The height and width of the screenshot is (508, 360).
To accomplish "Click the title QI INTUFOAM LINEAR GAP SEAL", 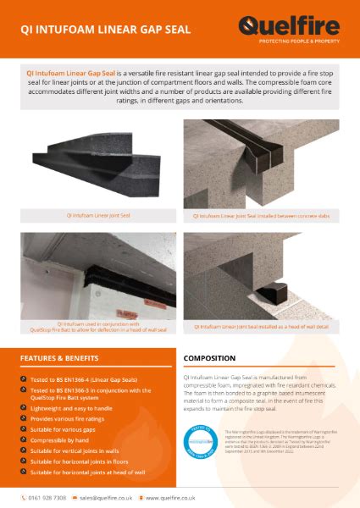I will [x=106, y=29].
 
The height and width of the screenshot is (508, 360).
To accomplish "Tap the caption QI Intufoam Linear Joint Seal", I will [x=98, y=216].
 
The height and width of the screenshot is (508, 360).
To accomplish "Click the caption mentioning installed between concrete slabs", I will [x=262, y=216].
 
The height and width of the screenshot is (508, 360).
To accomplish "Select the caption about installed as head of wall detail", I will [x=262, y=327].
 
